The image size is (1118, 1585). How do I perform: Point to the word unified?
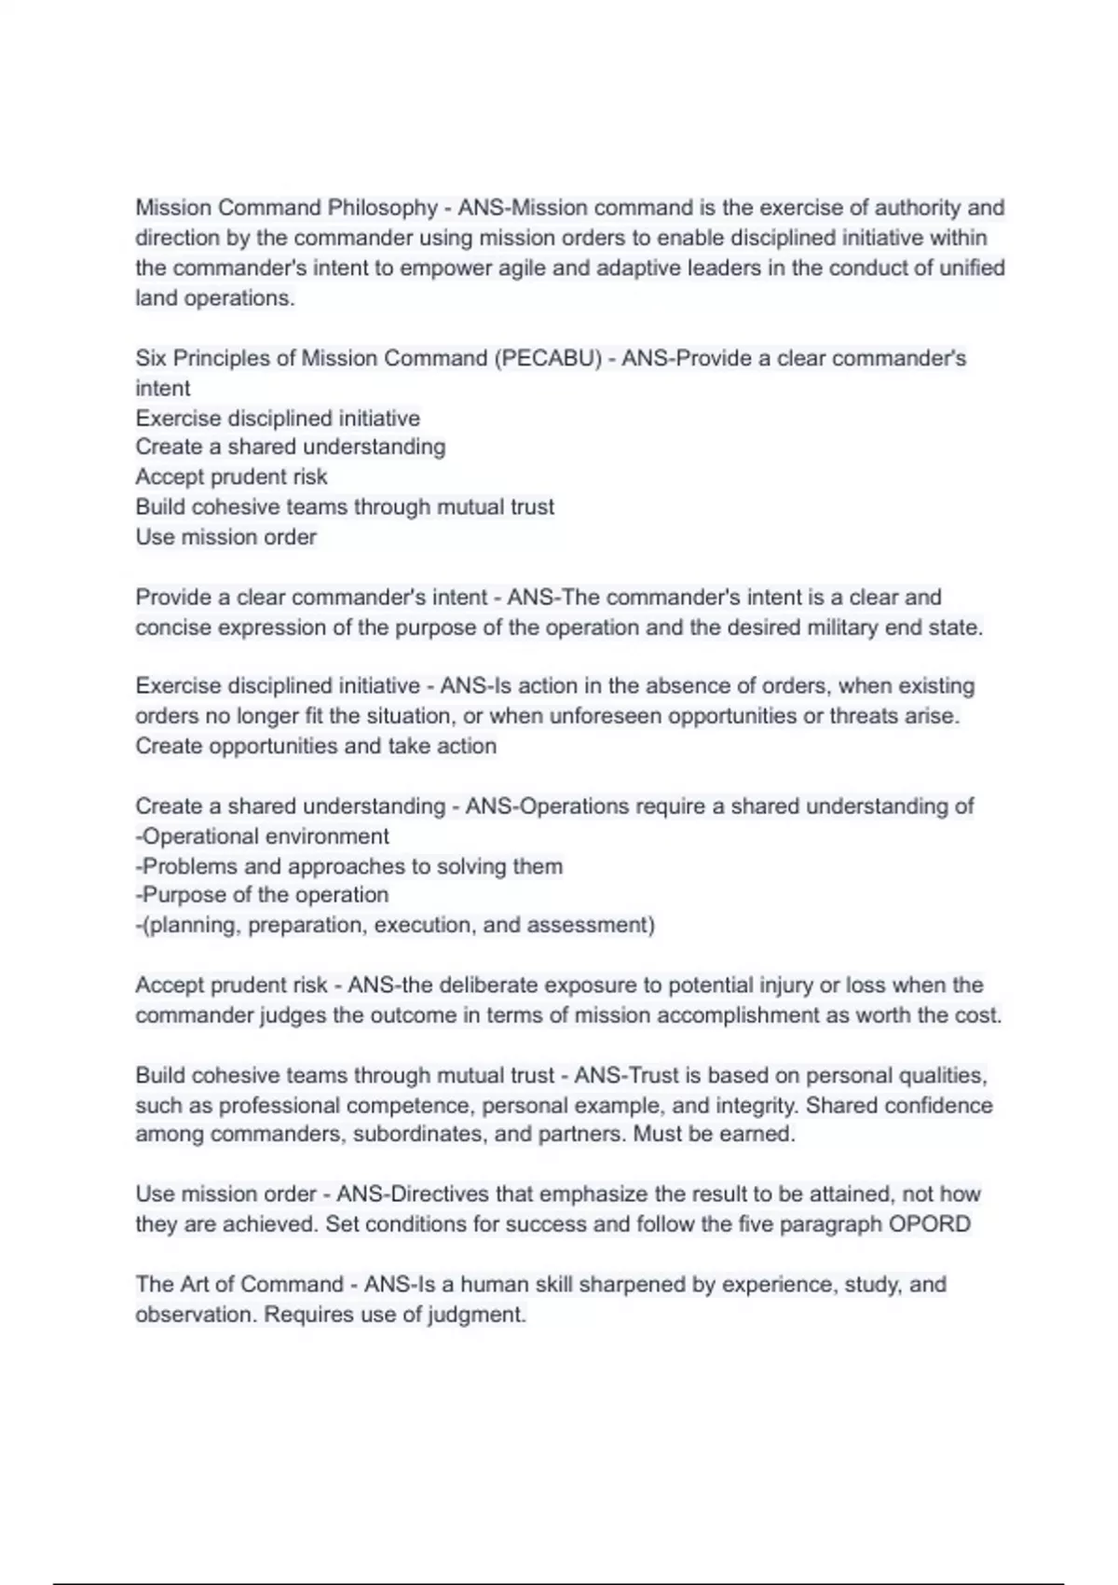(972, 269)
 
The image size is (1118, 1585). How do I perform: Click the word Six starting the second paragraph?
(151, 359)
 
